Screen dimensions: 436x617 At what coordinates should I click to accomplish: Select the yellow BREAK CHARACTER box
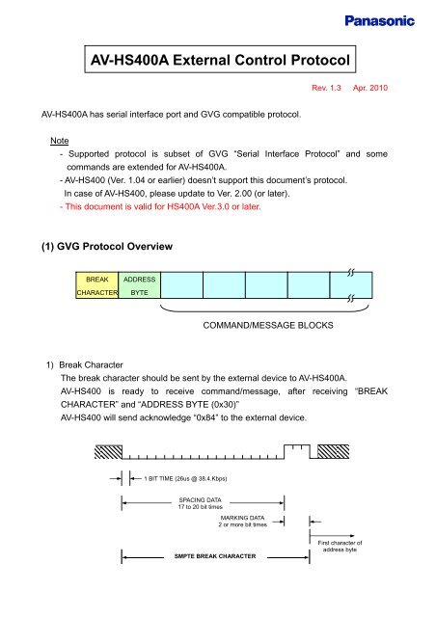97,286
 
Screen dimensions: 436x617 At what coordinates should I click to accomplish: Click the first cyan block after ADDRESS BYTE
181,286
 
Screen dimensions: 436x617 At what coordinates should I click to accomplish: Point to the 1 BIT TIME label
186,478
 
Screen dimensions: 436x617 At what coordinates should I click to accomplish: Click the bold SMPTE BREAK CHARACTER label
214,556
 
